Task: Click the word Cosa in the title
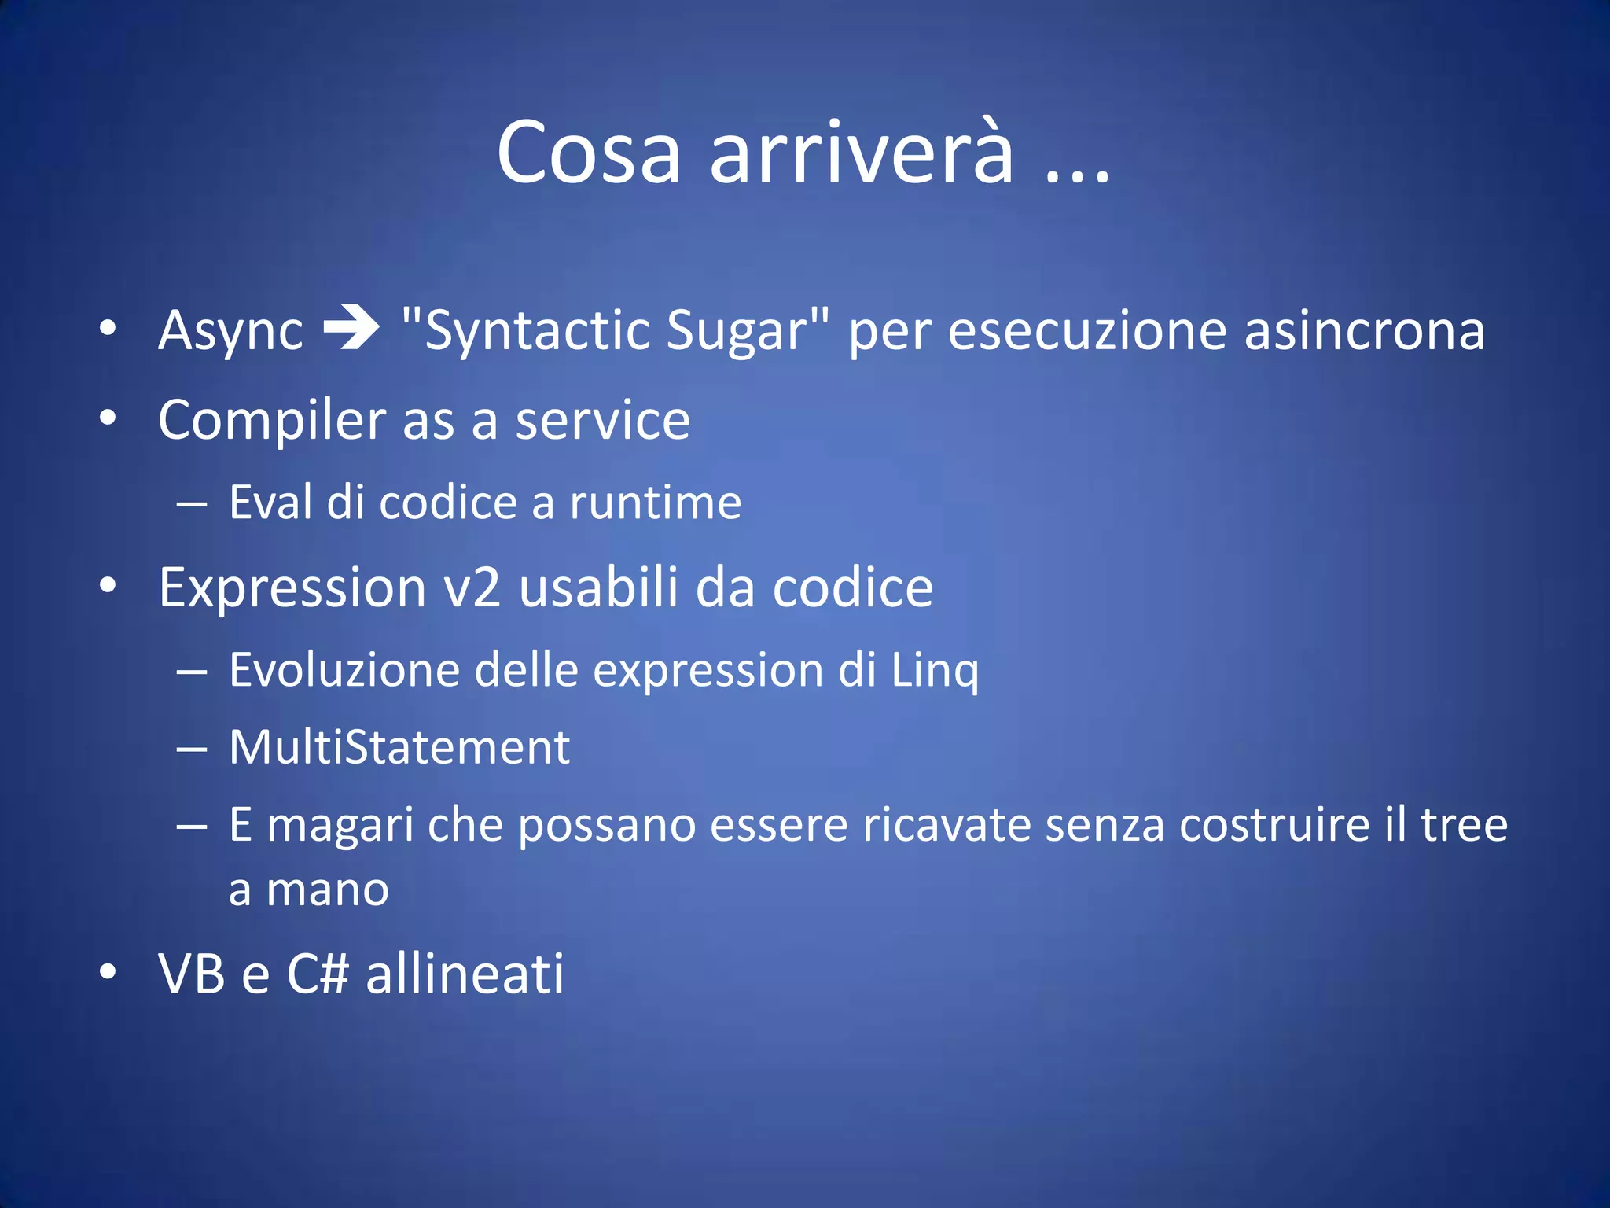(588, 153)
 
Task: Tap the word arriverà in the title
(862, 153)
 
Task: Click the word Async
(230, 330)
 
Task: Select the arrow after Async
(351, 327)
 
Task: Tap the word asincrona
(1364, 330)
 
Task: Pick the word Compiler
(271, 421)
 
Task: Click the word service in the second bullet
(602, 421)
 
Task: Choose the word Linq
(935, 670)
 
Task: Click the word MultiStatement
(399, 747)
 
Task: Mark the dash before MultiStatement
(192, 749)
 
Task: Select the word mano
(327, 890)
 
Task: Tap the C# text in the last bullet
(317, 974)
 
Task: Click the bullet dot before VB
(108, 972)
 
